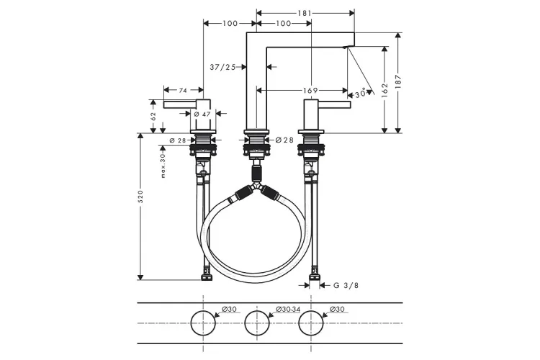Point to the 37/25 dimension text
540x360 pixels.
pos(223,67)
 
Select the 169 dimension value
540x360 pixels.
pos(310,91)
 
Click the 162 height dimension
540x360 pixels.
pos(385,89)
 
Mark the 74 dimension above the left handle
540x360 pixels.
pos(183,91)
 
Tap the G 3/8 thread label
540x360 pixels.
pos(345,286)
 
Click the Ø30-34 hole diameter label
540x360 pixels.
pos(288,310)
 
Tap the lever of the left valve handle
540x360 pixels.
pos(180,106)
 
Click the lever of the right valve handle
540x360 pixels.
pos(338,106)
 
